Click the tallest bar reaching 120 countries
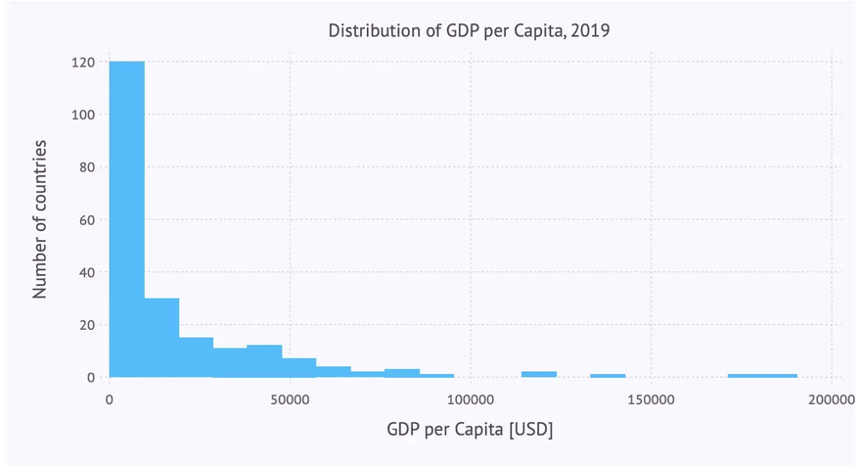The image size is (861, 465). click(127, 219)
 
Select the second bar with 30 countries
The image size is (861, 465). click(161, 338)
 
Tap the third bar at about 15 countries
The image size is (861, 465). click(196, 357)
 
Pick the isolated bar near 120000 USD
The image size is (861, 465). click(539, 375)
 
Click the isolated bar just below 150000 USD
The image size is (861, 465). click(608, 376)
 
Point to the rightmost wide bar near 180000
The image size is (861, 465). click(762, 376)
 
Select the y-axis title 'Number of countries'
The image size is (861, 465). click(41, 219)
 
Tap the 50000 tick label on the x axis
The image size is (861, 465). click(291, 399)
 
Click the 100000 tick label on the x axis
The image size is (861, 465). click(471, 399)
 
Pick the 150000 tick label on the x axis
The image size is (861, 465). click(652, 399)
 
